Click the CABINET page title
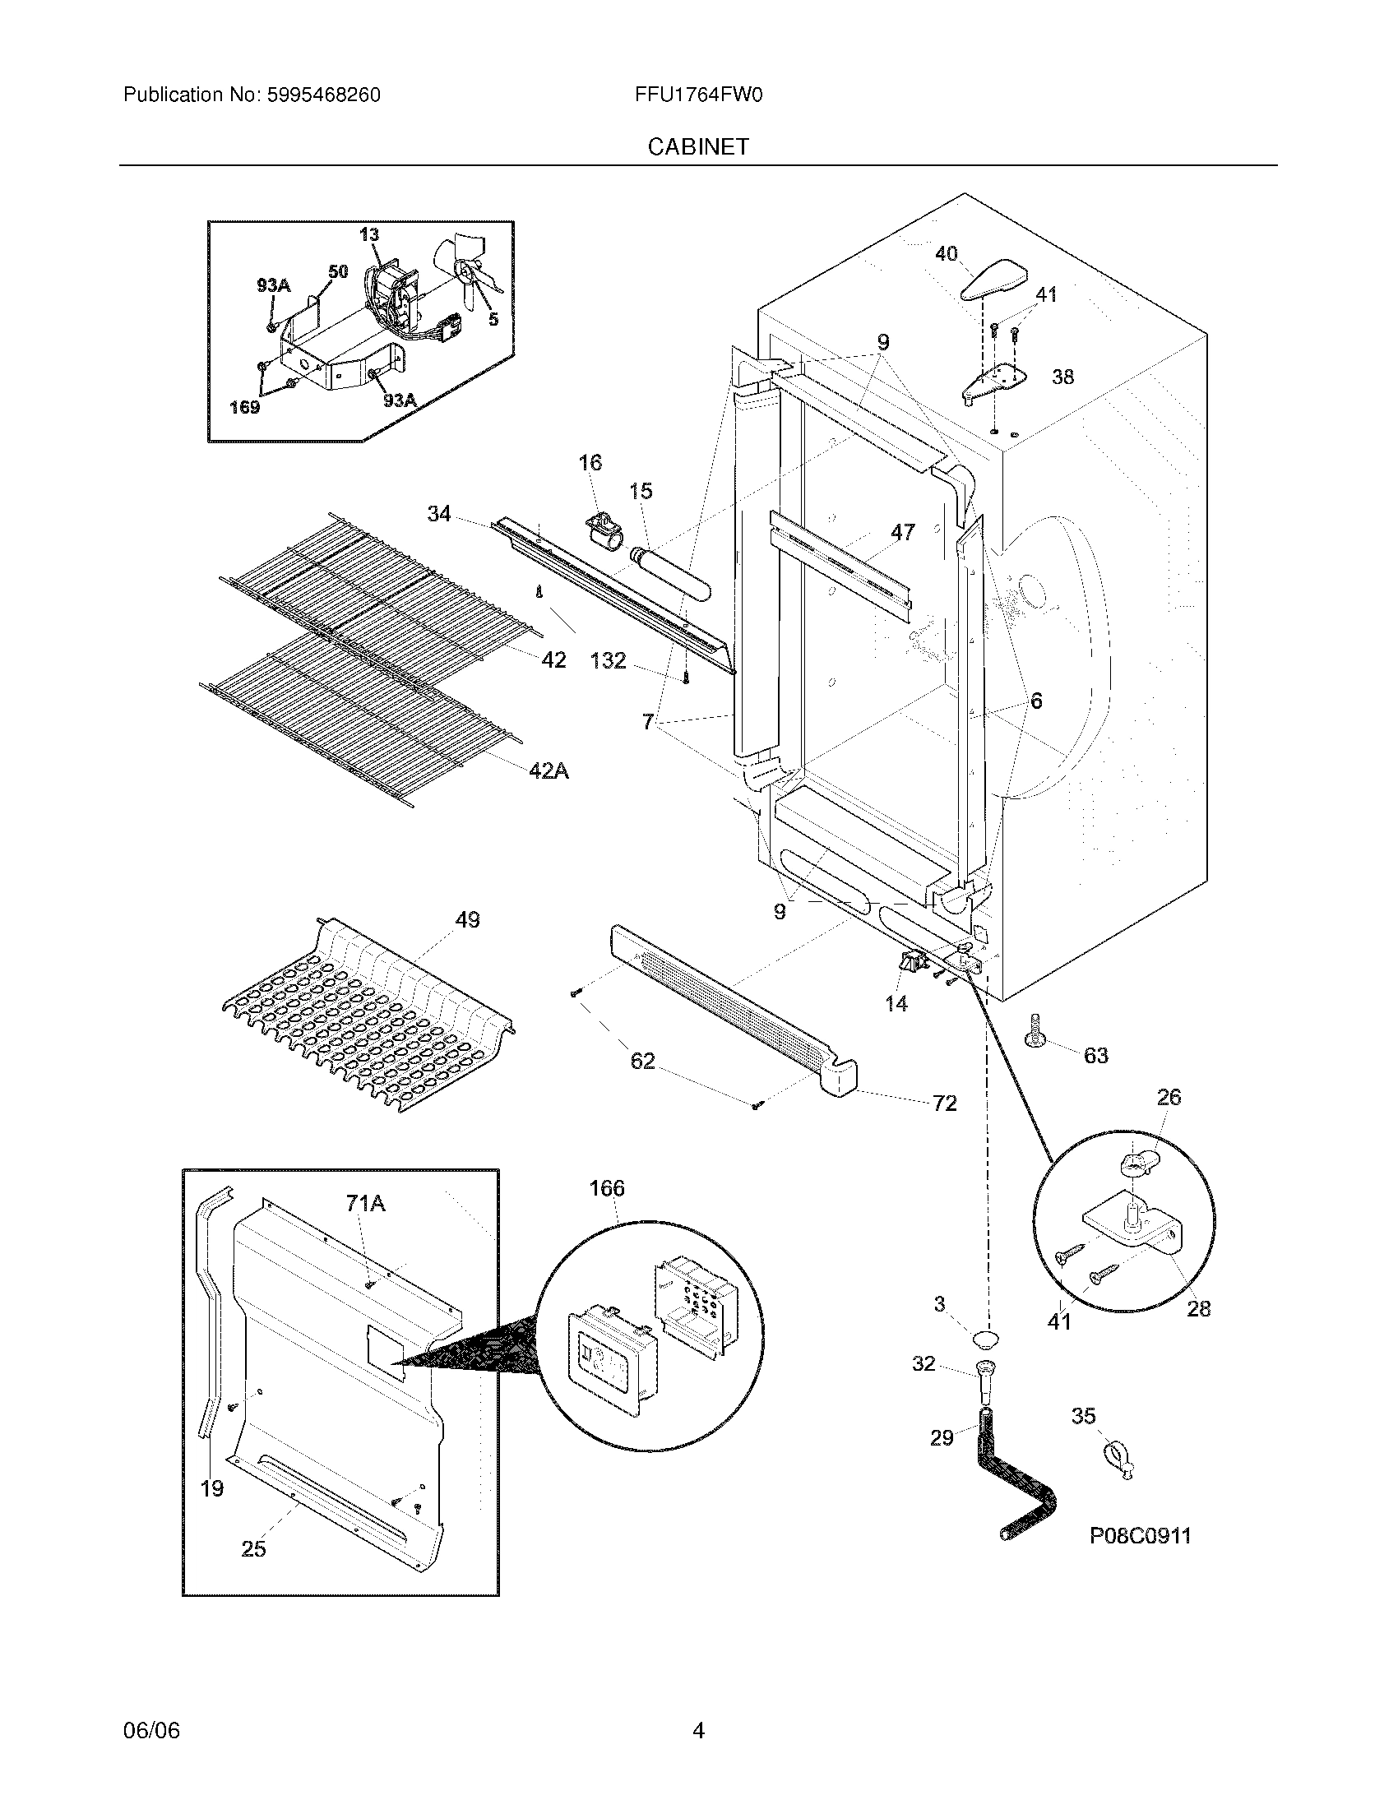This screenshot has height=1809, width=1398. pos(697,146)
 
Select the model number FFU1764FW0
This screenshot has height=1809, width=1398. pos(698,95)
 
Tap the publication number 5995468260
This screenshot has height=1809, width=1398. pos(322,95)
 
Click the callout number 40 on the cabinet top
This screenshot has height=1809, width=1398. pos(946,253)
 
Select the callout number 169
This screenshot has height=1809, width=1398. pos(245,408)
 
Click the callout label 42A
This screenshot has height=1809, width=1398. pos(549,771)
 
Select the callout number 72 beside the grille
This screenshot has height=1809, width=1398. pos(944,1103)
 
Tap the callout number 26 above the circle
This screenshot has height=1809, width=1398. pos(1169,1098)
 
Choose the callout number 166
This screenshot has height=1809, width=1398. pos(607,1189)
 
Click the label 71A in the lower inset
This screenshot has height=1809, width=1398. pos(366,1204)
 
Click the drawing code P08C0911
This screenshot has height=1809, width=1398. pos(1140,1537)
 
